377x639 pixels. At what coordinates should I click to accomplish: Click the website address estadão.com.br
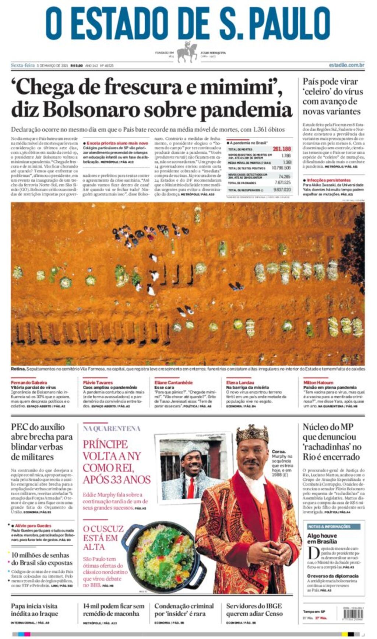coord(346,65)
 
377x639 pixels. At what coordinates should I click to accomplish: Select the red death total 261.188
coord(282,149)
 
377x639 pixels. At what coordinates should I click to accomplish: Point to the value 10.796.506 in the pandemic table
coord(281,168)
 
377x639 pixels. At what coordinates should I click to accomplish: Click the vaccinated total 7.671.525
coord(282,183)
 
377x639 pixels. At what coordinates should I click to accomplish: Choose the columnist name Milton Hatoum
coord(318,382)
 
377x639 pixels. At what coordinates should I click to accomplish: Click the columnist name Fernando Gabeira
coord(29,382)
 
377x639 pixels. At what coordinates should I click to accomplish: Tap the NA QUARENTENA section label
coord(112,428)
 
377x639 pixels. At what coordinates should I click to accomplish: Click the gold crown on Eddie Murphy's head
coord(252,433)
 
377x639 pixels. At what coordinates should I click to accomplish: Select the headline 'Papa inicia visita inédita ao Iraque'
coord(34,610)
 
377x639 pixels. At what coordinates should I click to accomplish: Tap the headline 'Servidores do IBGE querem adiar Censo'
coord(254,610)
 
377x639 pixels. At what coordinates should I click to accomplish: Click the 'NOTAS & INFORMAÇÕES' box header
coord(329,527)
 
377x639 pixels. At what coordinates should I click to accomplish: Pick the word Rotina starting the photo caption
coord(18,369)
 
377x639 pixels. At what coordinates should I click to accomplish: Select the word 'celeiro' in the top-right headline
coord(316,91)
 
